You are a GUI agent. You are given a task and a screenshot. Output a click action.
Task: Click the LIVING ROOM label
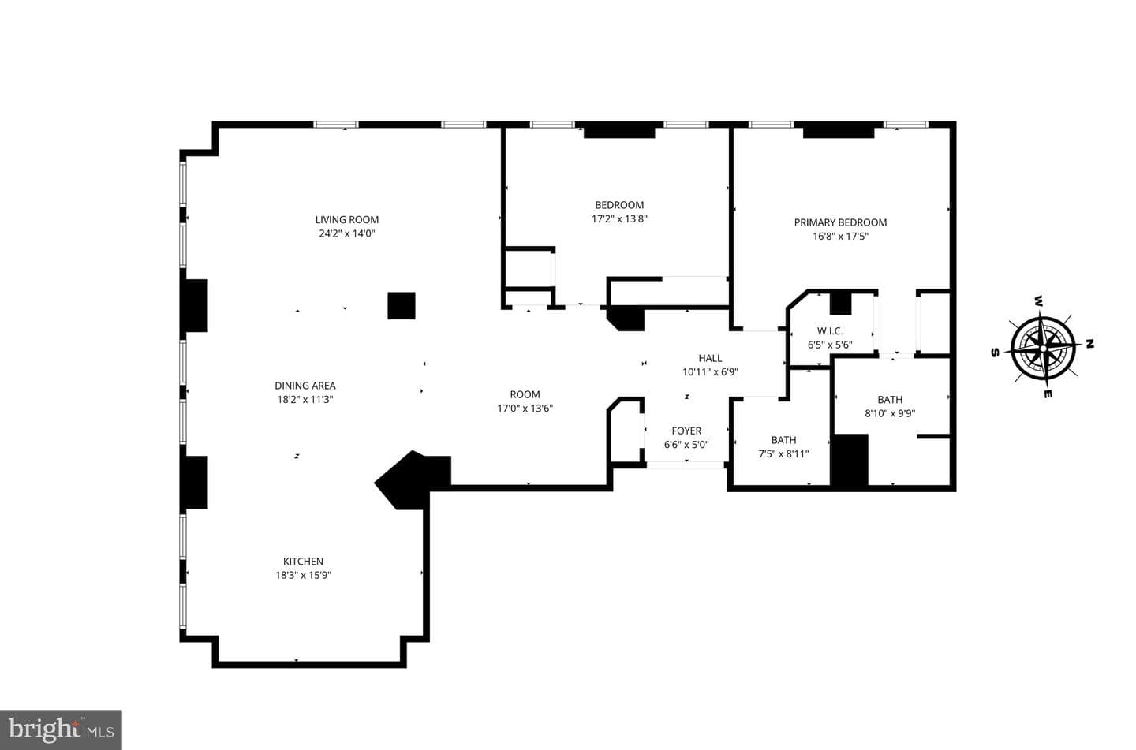click(347, 219)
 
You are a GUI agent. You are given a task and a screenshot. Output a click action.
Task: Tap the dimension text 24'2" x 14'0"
click(347, 233)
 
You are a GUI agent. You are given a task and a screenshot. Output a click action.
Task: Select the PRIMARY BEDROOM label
click(840, 222)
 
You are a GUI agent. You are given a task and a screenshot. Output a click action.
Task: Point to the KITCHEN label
click(303, 562)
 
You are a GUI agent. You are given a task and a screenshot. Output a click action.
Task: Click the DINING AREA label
click(305, 386)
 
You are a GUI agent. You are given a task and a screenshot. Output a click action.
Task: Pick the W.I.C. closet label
click(830, 331)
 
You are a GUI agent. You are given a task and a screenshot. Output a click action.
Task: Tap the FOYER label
click(686, 431)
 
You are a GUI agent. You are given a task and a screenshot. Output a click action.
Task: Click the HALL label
click(710, 358)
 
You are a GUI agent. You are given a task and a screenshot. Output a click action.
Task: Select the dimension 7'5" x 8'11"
click(783, 453)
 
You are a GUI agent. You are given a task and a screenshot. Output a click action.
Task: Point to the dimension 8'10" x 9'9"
click(890, 413)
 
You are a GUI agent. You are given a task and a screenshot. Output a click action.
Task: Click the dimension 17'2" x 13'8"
click(620, 219)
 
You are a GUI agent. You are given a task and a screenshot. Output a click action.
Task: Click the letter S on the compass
click(995, 353)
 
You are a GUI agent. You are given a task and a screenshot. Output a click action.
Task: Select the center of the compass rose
click(1042, 349)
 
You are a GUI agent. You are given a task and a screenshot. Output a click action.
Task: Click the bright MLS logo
click(61, 730)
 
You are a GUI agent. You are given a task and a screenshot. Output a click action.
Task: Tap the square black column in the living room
click(402, 306)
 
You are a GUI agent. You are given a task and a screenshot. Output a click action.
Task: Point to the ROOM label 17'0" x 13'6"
click(525, 394)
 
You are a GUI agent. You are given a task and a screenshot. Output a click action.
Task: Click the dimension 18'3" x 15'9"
click(303, 575)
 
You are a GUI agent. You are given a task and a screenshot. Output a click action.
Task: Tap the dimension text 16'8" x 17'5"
click(841, 237)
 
